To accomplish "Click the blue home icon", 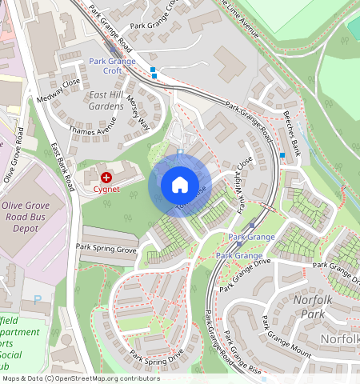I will click(x=180, y=185).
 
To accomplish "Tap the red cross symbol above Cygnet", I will click(x=106, y=175).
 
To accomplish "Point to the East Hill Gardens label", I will click(x=106, y=100).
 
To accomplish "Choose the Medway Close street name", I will click(x=59, y=90).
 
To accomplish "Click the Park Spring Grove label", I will click(x=106, y=250).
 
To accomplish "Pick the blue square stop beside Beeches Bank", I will click(x=282, y=155).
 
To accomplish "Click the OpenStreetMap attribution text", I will click(x=81, y=378).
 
